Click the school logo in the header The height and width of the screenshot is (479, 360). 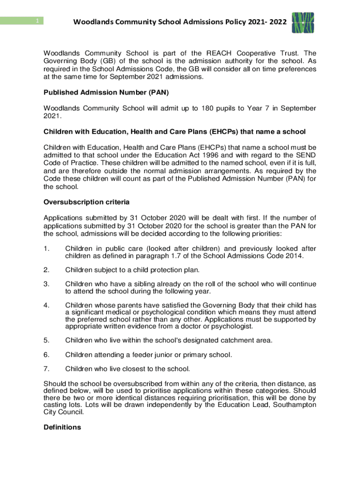[x=302, y=22]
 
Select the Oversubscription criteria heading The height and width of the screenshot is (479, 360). [x=86, y=202]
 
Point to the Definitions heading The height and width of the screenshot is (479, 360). [x=62, y=427]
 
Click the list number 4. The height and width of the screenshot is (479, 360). [x=46, y=305]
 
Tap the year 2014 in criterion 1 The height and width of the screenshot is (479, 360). [x=292, y=255]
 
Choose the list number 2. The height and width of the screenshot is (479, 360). [x=46, y=269]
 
